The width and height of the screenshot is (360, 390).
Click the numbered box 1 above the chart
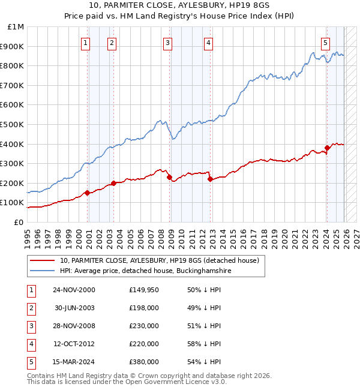(x=86, y=43)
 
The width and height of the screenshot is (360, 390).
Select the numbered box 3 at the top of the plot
(x=167, y=43)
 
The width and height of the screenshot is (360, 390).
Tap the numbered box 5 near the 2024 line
(x=325, y=43)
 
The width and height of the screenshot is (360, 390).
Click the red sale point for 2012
(x=209, y=179)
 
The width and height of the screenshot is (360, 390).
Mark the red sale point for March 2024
(x=327, y=148)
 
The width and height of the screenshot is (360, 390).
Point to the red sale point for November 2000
(x=87, y=193)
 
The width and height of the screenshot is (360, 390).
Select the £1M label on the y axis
(x=17, y=27)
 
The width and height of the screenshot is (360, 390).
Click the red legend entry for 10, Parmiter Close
(x=159, y=260)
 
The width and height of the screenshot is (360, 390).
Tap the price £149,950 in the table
(x=143, y=290)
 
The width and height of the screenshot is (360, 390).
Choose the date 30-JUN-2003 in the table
(x=74, y=308)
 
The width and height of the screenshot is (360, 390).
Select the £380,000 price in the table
(x=143, y=362)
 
